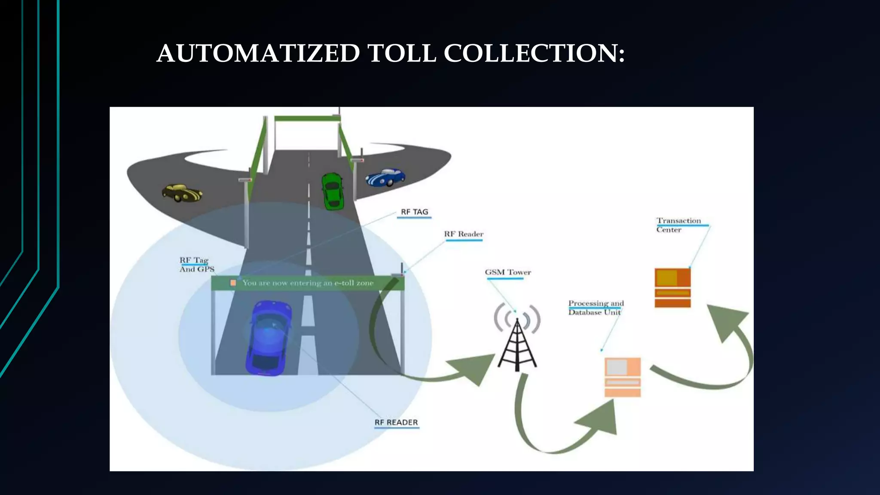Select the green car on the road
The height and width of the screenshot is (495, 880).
click(333, 191)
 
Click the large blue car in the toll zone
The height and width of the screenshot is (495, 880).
click(268, 338)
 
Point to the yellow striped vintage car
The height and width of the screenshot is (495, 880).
click(182, 193)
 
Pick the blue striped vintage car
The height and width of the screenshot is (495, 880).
click(385, 177)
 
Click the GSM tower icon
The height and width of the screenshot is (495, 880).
click(517, 338)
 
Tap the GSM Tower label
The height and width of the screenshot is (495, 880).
click(508, 272)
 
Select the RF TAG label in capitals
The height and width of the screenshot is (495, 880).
click(414, 212)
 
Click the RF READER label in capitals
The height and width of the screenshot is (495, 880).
click(396, 422)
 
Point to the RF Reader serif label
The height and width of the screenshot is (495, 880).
click(464, 234)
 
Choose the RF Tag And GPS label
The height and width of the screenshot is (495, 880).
click(196, 265)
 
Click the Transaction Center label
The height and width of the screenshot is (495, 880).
click(678, 225)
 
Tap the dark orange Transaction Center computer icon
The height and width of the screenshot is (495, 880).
click(672, 288)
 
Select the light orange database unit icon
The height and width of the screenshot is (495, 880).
click(623, 377)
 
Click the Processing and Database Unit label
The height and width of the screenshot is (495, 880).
click(596, 308)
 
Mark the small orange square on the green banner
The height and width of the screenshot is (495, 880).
click(233, 283)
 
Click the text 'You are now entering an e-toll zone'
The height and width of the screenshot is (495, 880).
click(308, 283)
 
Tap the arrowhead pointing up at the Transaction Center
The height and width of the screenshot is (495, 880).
click(726, 321)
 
